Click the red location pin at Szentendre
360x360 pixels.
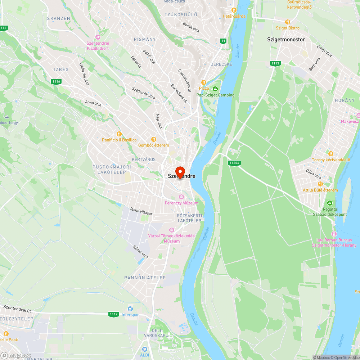(x=180, y=171)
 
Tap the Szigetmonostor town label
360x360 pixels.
(x=286, y=40)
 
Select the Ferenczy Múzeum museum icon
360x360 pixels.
(x=181, y=197)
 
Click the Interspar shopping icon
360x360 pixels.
(x=130, y=309)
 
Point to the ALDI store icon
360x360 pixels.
(x=145, y=349)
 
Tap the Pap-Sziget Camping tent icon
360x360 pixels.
(x=215, y=89)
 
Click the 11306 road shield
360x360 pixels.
(x=234, y=163)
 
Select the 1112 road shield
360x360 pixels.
(x=113, y=314)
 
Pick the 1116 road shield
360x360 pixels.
(x=56, y=82)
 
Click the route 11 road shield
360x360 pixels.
(x=223, y=41)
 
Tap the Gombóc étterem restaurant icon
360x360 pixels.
(x=154, y=139)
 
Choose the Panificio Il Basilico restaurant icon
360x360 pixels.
(x=114, y=134)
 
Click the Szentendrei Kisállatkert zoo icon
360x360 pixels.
(x=98, y=37)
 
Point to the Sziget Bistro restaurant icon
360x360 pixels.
(x=287, y=22)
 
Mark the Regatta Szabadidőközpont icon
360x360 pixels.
(x=330, y=203)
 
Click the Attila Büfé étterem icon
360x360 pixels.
(x=320, y=184)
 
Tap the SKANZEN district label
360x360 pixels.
(x=59, y=18)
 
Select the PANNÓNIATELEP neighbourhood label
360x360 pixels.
(x=145, y=278)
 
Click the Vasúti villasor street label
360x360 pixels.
(x=141, y=211)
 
